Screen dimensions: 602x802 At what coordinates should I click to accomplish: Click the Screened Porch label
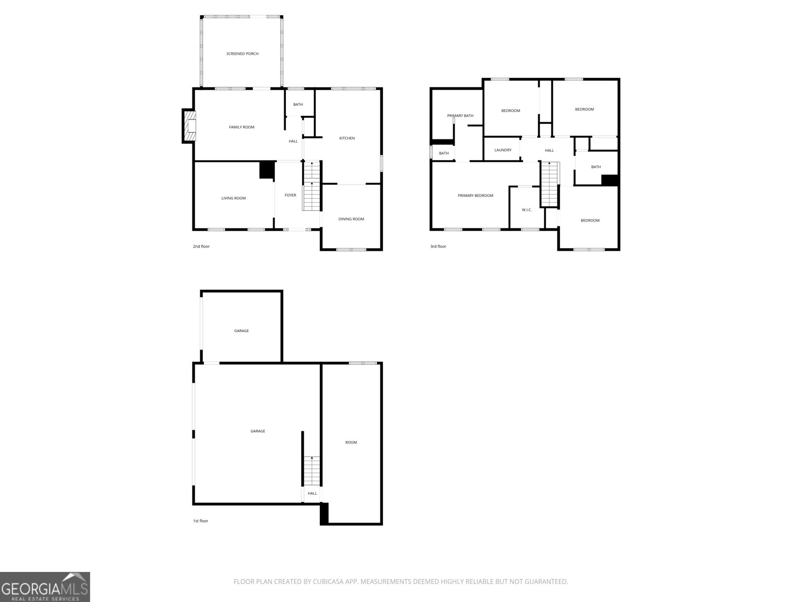point(242,54)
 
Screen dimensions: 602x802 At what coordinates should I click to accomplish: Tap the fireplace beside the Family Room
point(189,126)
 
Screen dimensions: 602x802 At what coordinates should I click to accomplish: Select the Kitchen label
point(347,138)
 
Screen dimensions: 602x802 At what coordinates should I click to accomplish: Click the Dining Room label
point(351,219)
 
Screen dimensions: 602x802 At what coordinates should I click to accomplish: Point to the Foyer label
point(290,195)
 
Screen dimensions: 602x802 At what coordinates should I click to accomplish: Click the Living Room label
point(234,198)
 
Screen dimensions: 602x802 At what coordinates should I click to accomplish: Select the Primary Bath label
point(460,116)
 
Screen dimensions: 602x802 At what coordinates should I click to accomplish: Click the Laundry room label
point(503,150)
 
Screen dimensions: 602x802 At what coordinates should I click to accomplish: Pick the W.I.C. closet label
point(526,210)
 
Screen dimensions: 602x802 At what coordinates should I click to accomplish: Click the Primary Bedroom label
point(475,196)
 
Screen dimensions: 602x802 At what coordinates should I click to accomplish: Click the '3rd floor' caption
point(438,246)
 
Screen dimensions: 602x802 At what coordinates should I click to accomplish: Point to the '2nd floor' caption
point(201,246)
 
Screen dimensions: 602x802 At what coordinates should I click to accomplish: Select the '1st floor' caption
point(200,521)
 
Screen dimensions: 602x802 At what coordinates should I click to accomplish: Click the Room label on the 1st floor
point(351,442)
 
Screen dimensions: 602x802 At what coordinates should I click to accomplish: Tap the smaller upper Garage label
point(241,331)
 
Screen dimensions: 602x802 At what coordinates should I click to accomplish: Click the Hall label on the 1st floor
point(312,493)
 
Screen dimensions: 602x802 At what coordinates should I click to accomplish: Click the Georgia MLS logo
point(45,587)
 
